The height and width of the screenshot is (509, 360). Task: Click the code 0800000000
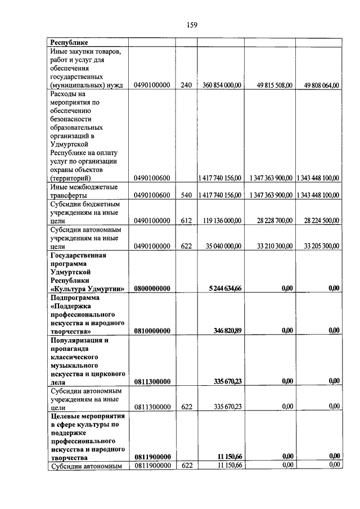click(x=152, y=289)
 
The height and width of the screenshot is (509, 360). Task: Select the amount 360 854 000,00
click(x=219, y=85)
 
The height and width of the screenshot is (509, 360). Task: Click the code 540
click(x=187, y=195)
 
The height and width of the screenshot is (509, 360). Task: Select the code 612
click(x=187, y=221)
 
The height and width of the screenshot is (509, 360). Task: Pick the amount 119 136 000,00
click(x=219, y=221)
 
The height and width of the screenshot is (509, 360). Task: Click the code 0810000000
click(x=152, y=331)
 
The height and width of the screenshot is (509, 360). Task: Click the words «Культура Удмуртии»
click(x=88, y=289)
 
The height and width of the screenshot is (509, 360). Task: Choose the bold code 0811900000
click(x=152, y=457)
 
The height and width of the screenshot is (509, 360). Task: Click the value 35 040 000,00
click(x=221, y=246)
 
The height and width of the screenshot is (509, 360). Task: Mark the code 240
click(x=187, y=85)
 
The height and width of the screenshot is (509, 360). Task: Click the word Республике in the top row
click(x=70, y=42)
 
